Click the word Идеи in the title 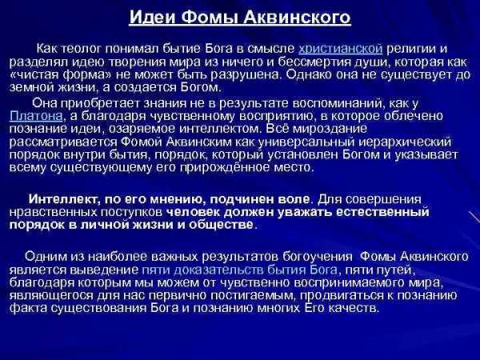(152, 17)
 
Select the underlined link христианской (341, 49)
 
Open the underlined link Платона (36, 116)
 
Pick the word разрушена (250, 74)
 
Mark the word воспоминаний (339, 103)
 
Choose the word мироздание (330, 129)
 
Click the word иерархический (404, 142)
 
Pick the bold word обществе (222, 225)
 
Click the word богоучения (318, 257)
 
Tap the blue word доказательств (219, 270)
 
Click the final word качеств (354, 308)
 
